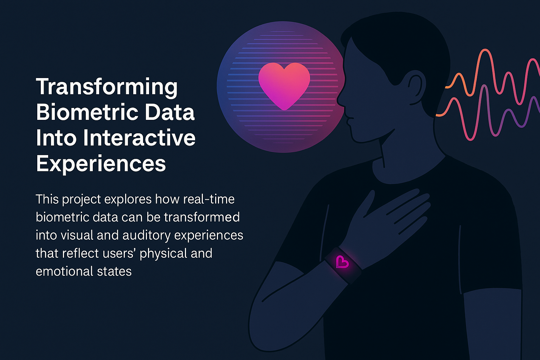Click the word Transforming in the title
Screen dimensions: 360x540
[x=107, y=87]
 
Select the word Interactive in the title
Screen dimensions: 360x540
[x=139, y=138]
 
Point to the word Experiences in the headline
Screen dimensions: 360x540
[x=101, y=163]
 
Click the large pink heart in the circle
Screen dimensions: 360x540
[x=284, y=84]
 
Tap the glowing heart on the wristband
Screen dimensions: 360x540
[x=342, y=262]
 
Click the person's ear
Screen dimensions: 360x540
[x=415, y=86]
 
